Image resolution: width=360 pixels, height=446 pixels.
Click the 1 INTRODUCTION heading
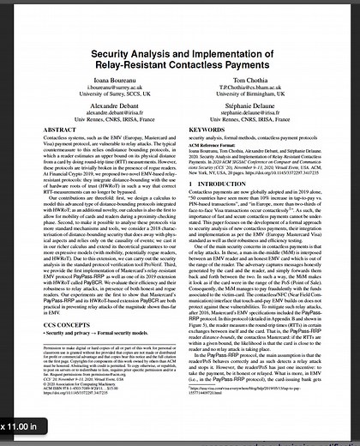tap(224, 208)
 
